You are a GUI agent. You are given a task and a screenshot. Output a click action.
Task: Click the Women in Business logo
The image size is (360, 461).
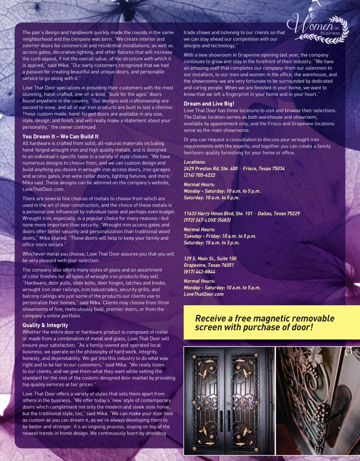[318, 28]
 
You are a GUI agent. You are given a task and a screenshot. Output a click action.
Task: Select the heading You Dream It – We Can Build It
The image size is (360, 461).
[60, 136]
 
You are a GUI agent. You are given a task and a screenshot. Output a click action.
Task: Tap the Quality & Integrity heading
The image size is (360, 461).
[45, 325]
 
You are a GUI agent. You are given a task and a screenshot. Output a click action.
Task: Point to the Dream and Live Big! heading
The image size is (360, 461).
[209, 104]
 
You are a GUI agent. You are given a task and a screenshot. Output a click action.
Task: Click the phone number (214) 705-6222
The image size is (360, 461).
[199, 175]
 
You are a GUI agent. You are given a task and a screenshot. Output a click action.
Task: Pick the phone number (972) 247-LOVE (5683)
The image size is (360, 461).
[207, 220]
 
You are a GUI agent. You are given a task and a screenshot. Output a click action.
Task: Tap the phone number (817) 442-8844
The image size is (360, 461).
[199, 272]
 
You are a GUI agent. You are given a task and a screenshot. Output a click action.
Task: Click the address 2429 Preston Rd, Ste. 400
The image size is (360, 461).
[211, 168]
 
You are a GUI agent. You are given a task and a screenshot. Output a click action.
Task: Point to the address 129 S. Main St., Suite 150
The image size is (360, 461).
[210, 258]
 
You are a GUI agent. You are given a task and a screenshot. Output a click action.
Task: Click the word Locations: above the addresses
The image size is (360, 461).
[194, 162]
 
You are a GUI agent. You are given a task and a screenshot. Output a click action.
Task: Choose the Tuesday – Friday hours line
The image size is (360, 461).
[220, 236]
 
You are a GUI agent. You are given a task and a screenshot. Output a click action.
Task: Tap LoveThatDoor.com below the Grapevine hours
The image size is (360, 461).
[204, 294]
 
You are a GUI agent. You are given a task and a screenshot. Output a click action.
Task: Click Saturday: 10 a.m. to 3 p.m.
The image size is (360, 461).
[211, 243]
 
